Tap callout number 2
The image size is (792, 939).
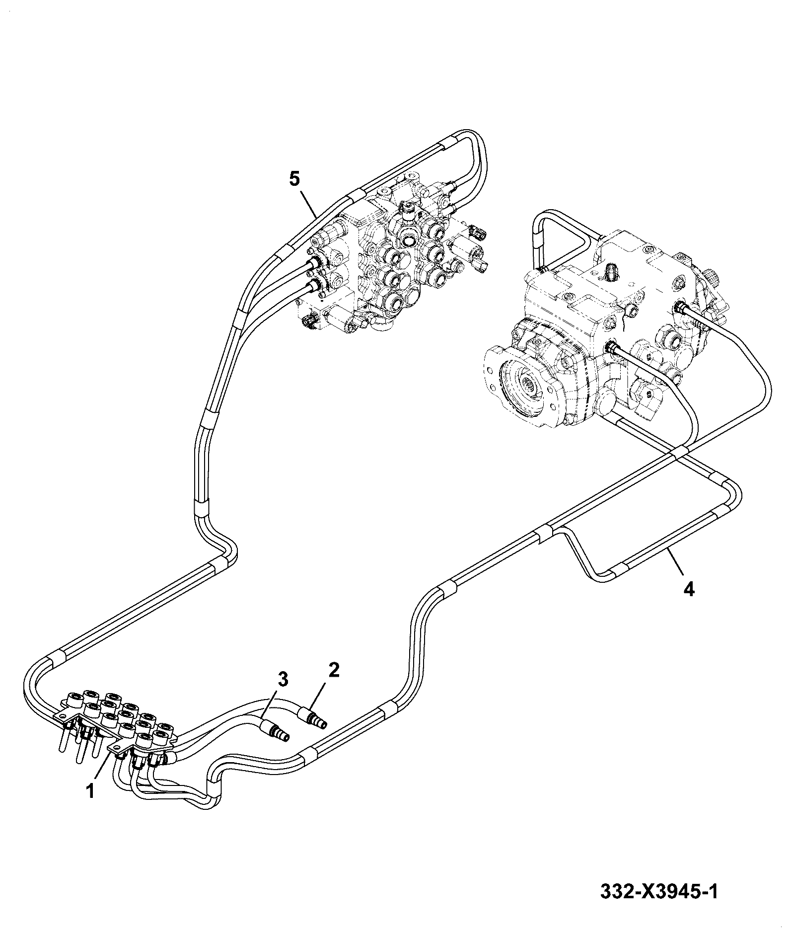pos(333,670)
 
